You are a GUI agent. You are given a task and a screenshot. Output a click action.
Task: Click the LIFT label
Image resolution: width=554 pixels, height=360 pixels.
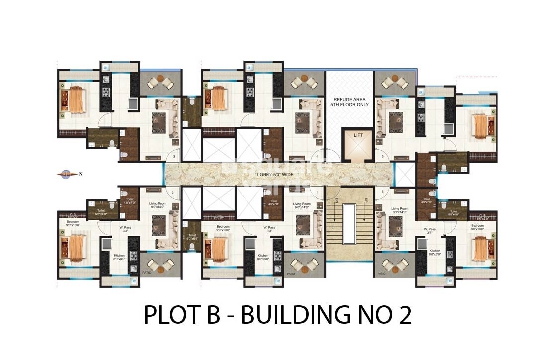[x=358, y=135]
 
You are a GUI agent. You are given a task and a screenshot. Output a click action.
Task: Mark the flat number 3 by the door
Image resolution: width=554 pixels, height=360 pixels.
[x=174, y=157]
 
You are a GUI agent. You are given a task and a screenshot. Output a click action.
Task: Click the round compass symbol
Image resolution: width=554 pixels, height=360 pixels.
[x=65, y=174]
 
